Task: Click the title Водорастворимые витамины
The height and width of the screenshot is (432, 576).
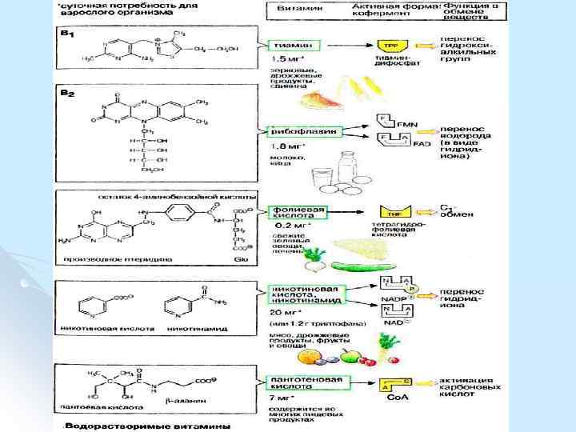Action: pyautogui.click(x=143, y=425)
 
